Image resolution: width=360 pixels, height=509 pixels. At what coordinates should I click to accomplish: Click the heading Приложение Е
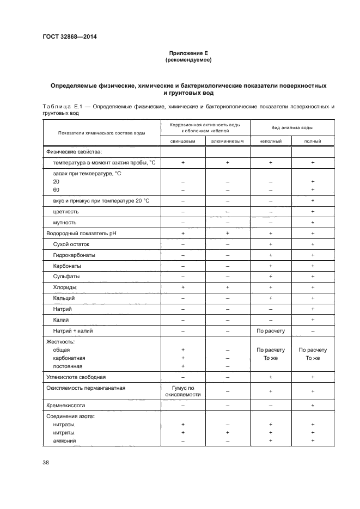click(x=188, y=53)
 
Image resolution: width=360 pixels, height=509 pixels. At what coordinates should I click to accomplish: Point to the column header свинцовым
click(x=183, y=141)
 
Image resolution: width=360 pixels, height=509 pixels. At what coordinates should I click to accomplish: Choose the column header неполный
click(x=270, y=141)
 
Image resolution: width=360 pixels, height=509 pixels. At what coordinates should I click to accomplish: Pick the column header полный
click(x=313, y=141)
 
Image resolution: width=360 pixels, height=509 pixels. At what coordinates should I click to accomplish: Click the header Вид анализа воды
click(x=291, y=127)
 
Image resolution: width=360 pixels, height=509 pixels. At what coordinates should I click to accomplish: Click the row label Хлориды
click(x=65, y=287)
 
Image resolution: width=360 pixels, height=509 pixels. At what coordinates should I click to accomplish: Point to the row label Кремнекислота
click(x=66, y=406)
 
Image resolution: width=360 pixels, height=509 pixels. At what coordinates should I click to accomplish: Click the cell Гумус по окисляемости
click(x=183, y=391)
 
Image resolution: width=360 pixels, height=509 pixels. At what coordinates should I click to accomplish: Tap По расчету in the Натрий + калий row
click(x=270, y=330)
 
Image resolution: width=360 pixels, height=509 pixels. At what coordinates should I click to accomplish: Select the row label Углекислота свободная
click(x=76, y=376)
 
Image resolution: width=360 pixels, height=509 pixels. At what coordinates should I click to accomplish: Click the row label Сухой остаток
click(x=71, y=244)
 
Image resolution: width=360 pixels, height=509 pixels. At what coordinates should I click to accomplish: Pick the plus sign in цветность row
click(x=313, y=211)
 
